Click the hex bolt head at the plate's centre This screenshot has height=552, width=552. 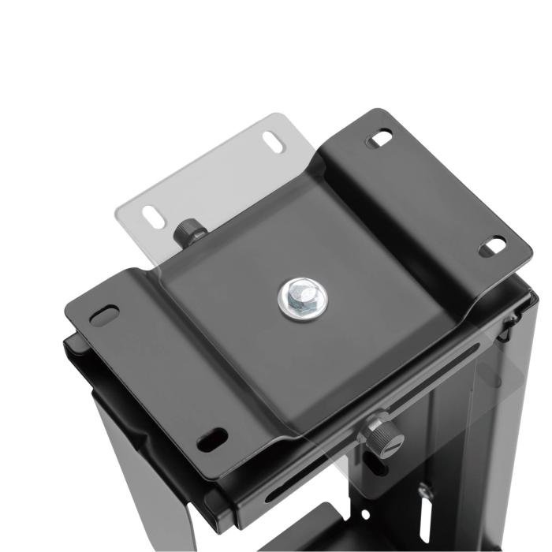[299, 298]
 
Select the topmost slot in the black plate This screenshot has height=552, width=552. [380, 139]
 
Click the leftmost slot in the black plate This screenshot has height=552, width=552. [104, 314]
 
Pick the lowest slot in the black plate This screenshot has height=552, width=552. [211, 438]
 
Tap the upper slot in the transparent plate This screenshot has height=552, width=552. [273, 145]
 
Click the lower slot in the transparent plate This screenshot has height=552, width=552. [154, 216]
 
